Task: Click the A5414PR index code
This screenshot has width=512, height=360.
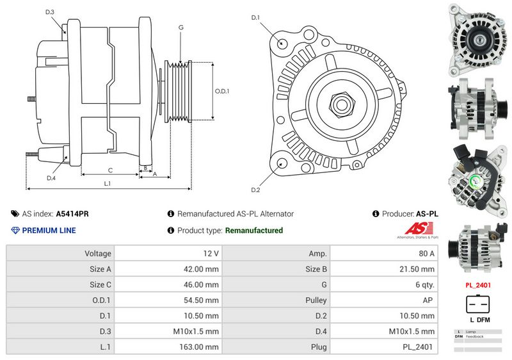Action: [x=72, y=214]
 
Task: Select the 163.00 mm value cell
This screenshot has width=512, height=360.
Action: [x=200, y=347]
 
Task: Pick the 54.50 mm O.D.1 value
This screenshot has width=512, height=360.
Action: [x=200, y=300]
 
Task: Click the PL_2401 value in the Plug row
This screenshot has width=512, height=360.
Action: [x=419, y=347]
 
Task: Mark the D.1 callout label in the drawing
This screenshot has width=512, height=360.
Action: [x=255, y=18]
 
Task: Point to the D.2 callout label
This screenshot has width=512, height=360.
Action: [x=255, y=190]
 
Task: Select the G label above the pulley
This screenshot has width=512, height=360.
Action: [x=181, y=28]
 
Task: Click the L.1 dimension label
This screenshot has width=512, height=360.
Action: [x=108, y=184]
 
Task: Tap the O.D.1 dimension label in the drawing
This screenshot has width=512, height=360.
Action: [x=221, y=91]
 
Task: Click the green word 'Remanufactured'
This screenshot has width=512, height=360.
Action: [x=254, y=231]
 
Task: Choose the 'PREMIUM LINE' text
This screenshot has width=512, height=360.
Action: [x=49, y=231]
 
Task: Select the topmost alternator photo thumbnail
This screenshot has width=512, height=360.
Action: [x=477, y=38]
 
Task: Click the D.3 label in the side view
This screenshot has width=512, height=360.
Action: [x=50, y=12]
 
